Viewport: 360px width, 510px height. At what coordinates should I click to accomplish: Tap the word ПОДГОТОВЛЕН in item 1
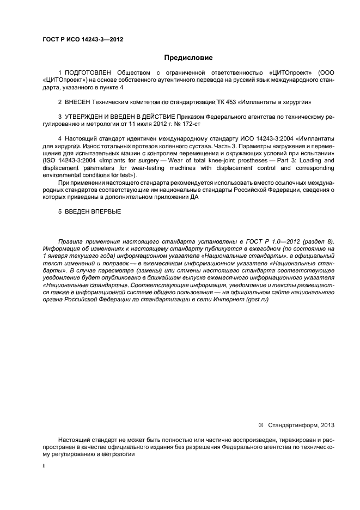89,72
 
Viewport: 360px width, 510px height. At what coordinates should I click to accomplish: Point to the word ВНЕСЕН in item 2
79,102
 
